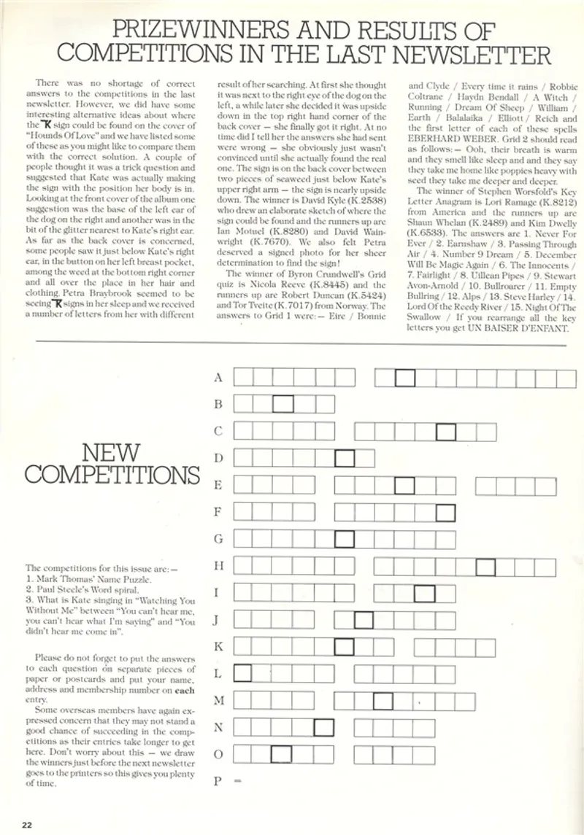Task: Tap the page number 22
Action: [x=27, y=825]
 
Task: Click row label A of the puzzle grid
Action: [x=218, y=377]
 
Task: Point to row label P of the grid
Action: [x=217, y=781]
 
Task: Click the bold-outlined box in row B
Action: [x=283, y=404]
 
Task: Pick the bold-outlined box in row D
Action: [x=345, y=458]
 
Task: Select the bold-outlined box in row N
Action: [x=323, y=727]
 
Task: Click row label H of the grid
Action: [x=218, y=565]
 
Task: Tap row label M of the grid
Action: [x=218, y=700]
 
